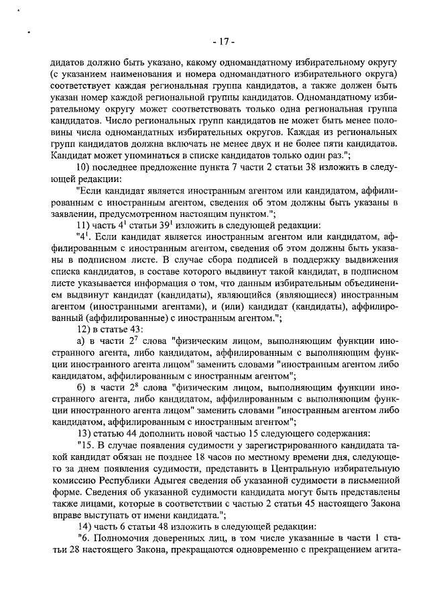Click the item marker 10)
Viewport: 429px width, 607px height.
point(83,167)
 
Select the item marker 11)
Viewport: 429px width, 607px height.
point(83,224)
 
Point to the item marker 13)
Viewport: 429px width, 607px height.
point(83,432)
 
